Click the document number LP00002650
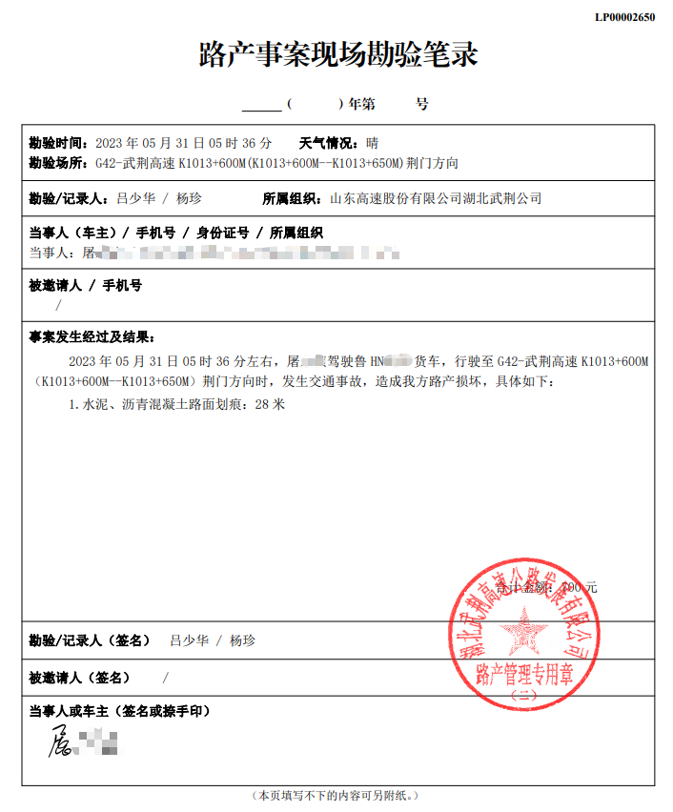[x=624, y=17]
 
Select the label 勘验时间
[x=58, y=144]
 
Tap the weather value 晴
[x=373, y=144]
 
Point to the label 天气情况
[x=329, y=144]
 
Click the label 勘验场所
[x=58, y=163]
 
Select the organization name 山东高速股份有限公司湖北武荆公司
[x=436, y=199]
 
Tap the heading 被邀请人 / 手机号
[x=86, y=286]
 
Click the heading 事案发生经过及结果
[x=92, y=337]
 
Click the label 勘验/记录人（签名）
[x=90, y=641]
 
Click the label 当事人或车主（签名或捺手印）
[x=120, y=711]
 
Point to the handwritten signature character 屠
[x=62, y=741]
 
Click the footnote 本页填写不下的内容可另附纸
[x=336, y=794]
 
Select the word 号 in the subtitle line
[x=422, y=103]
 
